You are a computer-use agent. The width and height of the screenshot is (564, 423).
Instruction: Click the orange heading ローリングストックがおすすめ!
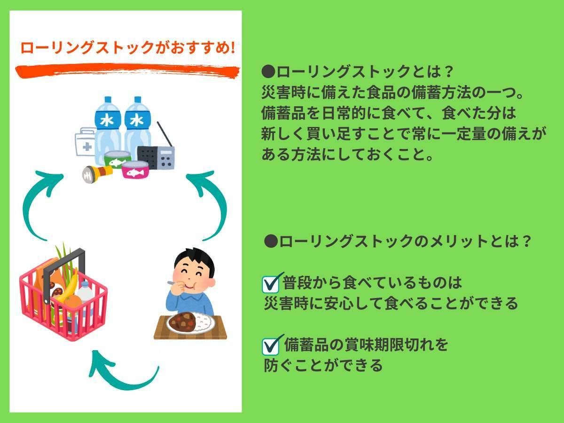[127, 47]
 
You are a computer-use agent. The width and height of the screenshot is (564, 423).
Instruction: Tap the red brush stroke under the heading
[127, 71]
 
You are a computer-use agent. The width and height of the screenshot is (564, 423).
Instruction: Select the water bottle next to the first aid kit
[107, 127]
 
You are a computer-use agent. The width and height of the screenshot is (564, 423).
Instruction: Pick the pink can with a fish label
[135, 169]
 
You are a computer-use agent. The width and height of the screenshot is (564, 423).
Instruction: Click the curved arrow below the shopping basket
[122, 371]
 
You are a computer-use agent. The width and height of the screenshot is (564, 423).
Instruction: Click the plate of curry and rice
[190, 323]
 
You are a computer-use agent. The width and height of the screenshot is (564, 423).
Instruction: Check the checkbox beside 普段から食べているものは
[272, 283]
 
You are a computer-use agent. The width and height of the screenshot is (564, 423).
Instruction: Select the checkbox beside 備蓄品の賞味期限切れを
[272, 345]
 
